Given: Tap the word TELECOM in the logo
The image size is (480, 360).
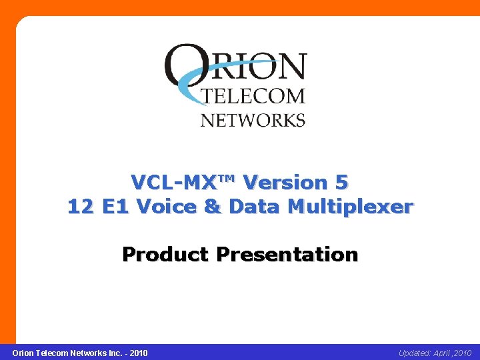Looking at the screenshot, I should tap(253, 96).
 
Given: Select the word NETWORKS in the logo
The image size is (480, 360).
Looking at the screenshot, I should tap(253, 120).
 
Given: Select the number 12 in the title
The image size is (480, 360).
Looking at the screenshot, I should tap(81, 207).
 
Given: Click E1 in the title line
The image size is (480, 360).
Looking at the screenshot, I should tap(116, 207).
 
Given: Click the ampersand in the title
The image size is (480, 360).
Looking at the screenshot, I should tap(213, 207).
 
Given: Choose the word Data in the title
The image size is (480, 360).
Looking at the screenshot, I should tap(255, 207).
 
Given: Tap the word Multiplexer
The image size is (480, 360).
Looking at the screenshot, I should tap(350, 207).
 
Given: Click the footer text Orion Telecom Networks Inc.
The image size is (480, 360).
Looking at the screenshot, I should tap(63, 353).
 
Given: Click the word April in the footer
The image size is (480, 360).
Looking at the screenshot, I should tap(445, 353).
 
